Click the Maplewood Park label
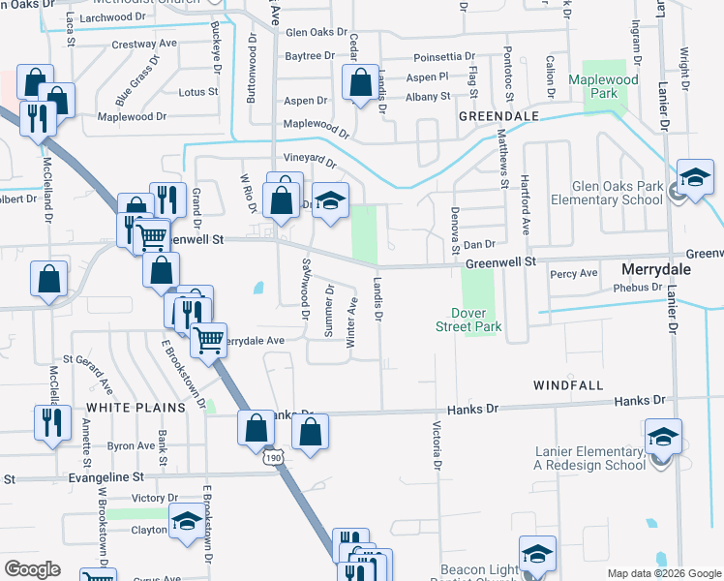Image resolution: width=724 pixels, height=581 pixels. click(x=605, y=86)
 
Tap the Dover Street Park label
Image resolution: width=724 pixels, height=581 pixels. click(x=475, y=320)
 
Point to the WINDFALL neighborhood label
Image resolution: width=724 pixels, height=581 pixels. click(x=568, y=385)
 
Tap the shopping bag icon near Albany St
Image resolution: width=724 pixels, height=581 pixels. click(x=360, y=85)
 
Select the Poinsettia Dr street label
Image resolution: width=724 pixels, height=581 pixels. click(x=444, y=57)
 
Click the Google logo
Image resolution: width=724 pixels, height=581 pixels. click(x=33, y=569)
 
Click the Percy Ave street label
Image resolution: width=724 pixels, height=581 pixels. click(x=574, y=274)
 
